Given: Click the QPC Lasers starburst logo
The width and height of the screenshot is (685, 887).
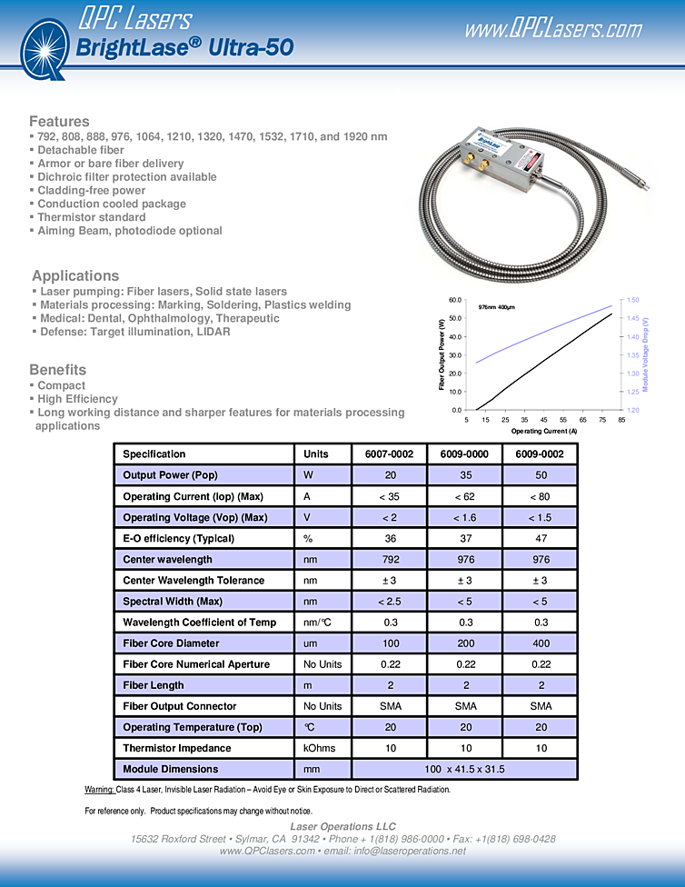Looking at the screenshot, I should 43,46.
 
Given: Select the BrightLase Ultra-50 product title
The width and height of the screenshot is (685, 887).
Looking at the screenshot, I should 184,47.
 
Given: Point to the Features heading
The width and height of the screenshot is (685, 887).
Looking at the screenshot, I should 59,121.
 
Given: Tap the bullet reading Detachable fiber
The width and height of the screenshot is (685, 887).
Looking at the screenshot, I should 80,150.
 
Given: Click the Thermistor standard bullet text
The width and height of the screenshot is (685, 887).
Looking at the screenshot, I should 91,217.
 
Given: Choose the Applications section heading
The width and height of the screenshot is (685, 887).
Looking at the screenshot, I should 75,275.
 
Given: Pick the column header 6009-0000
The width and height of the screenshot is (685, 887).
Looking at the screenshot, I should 464,453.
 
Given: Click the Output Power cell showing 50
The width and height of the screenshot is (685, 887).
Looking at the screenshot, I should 540,475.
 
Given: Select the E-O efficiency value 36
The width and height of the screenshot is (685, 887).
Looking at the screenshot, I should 389,538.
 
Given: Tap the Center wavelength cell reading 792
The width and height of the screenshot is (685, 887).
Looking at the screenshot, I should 389,559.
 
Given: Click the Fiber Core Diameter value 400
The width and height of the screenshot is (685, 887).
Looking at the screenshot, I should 540,643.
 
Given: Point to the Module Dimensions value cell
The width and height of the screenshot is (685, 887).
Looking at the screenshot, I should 464,769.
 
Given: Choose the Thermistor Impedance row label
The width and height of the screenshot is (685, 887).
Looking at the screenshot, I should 176,748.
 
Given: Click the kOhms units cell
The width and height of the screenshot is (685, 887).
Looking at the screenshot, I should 322,748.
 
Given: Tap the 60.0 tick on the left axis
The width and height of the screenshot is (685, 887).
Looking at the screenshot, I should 455,300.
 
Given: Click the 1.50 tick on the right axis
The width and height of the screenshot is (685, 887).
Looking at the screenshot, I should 634,300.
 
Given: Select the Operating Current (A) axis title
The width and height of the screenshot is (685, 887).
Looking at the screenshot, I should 543,431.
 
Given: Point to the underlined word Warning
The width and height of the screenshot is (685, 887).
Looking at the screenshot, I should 98,789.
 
